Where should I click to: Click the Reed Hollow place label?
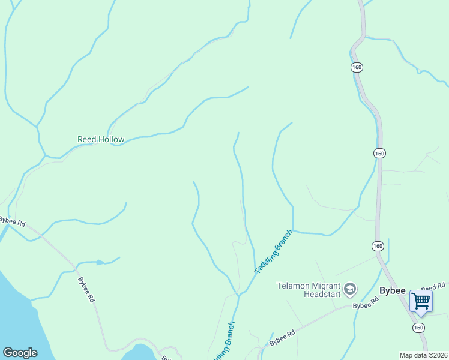pos(101,139)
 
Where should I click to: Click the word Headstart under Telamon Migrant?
pos(322,295)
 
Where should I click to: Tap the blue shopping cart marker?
pos(421,301)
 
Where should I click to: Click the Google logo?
pos(20,353)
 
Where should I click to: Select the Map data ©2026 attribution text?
pos(423,355)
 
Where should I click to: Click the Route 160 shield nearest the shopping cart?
pos(418,328)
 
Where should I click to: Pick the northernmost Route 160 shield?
pos(357,67)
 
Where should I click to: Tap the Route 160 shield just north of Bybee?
pos(377,246)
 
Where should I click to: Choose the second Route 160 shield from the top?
pos(379,154)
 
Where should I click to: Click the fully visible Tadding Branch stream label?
pos(273,252)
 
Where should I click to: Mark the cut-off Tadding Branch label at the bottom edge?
pos(222,343)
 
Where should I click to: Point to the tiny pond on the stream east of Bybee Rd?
pos(100,262)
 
